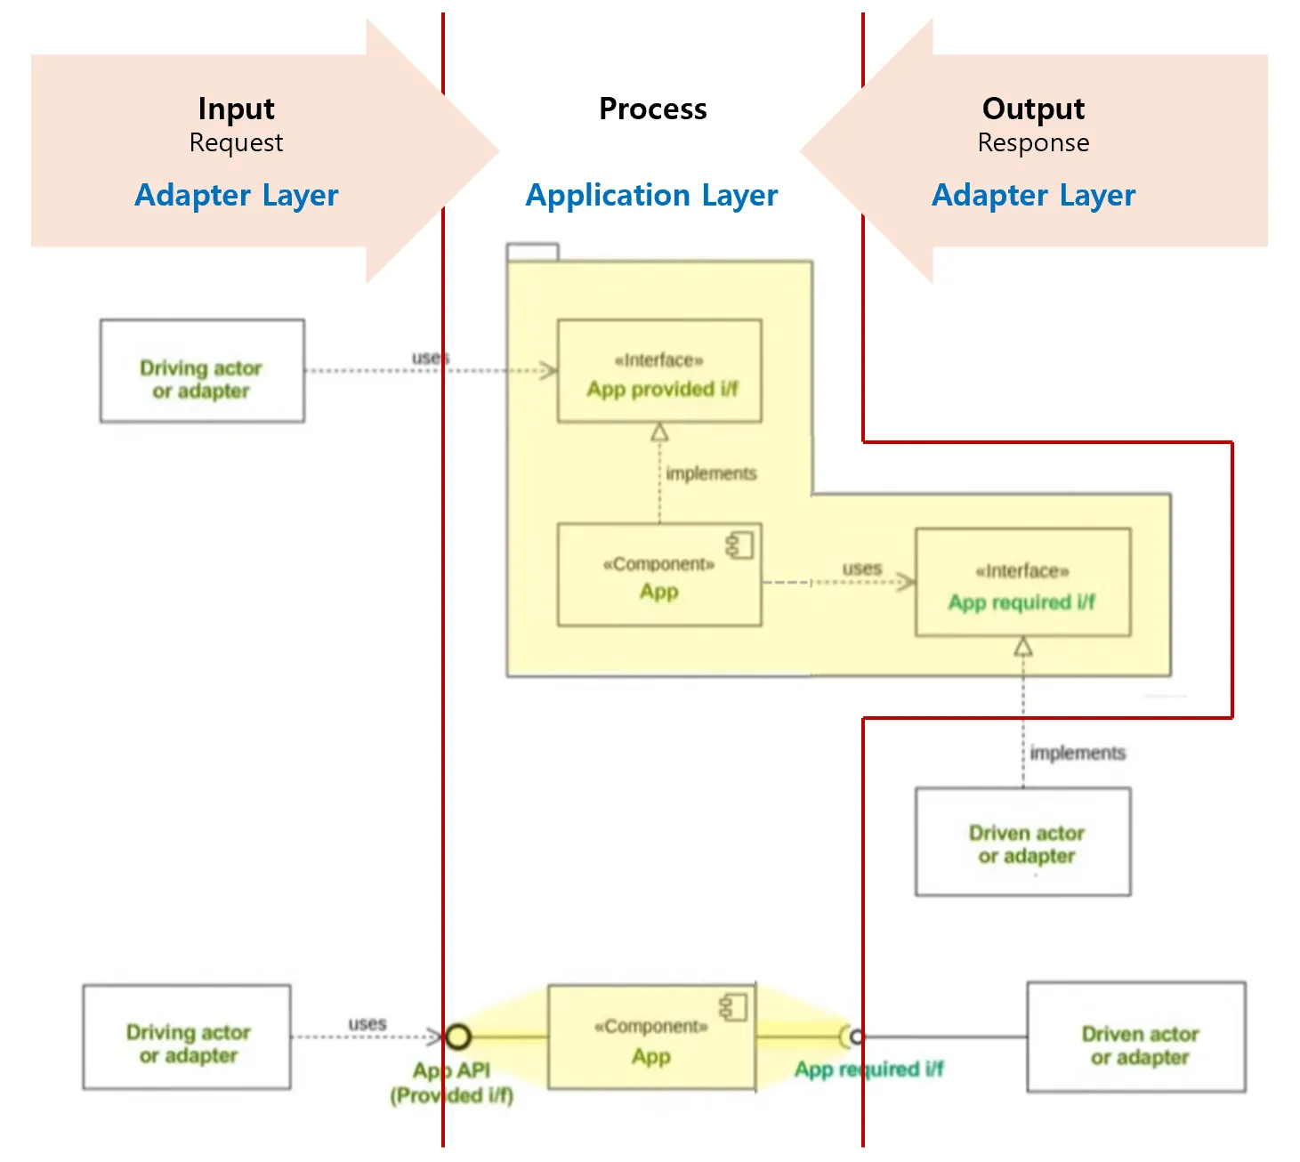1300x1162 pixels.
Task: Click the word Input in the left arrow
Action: point(236,109)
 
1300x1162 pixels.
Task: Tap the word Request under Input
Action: point(236,142)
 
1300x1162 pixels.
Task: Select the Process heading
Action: point(652,109)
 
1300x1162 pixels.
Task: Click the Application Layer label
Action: point(651,195)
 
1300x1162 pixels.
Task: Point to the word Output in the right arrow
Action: point(1033,109)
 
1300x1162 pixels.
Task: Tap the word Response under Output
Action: point(1033,142)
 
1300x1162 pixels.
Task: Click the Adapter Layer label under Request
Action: point(236,195)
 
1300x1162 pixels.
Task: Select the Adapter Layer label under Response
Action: point(1033,195)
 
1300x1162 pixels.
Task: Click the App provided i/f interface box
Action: point(659,371)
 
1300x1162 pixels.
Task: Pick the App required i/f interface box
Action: point(1023,583)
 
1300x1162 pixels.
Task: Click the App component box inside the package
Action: point(659,575)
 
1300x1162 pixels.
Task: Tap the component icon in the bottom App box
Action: point(735,1008)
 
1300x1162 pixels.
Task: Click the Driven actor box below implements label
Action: point(1023,842)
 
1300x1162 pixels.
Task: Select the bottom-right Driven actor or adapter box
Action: point(1136,1037)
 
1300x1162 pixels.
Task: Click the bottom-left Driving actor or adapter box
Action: point(187,1037)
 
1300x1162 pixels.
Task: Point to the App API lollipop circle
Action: point(458,1037)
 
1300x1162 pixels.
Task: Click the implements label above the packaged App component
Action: point(711,473)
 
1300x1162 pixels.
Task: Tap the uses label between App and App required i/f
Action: point(861,568)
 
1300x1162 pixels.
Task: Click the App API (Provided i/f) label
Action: point(452,1083)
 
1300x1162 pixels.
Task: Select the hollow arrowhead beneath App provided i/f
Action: point(659,432)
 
